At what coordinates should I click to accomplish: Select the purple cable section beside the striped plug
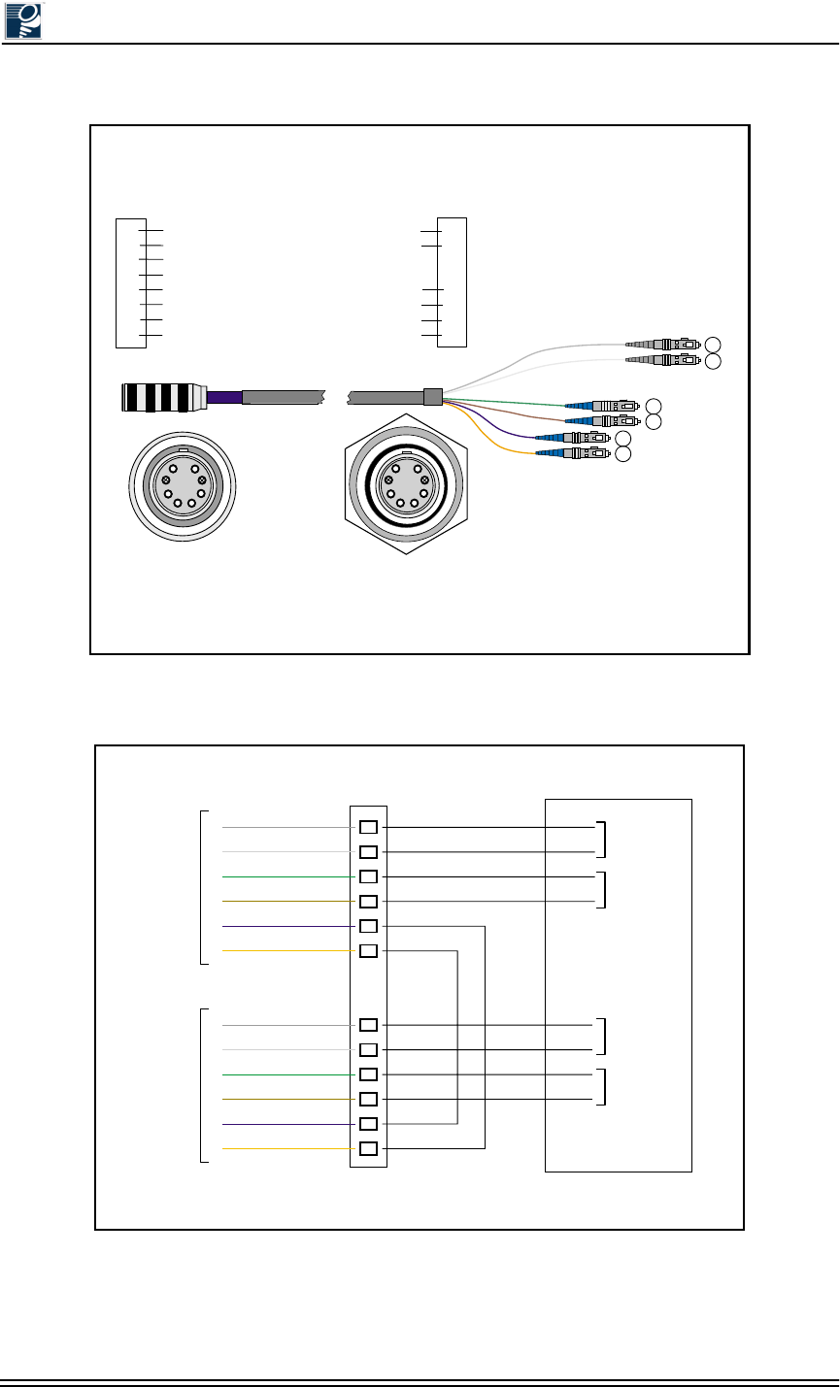(222, 397)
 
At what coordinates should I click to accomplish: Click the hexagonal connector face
(406, 482)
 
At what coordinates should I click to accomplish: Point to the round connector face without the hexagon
(182, 481)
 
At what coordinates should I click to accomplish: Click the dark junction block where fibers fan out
(432, 396)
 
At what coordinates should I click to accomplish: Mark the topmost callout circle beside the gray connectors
(714, 344)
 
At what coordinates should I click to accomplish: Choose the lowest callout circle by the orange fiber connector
(622, 453)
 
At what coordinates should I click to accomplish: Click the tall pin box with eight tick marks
(130, 282)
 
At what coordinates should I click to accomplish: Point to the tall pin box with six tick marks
(453, 282)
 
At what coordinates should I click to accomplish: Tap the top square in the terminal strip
(368, 828)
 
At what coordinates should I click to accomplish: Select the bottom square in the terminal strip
(368, 1149)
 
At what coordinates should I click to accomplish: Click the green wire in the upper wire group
(287, 876)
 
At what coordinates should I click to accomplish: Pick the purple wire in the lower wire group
(287, 1124)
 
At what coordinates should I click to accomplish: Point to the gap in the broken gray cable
(335, 397)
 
